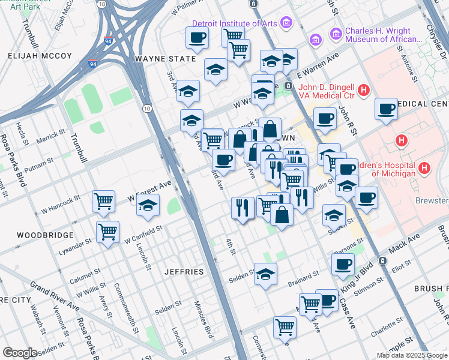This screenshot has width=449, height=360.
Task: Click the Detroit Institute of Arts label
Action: click(x=234, y=23)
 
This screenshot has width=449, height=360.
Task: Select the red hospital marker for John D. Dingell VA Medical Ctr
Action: click(x=363, y=91)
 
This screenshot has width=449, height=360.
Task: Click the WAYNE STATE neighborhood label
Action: click(x=166, y=59)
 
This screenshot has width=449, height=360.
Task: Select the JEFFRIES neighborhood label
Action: click(x=184, y=272)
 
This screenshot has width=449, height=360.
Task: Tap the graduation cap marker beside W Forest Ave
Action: click(x=148, y=206)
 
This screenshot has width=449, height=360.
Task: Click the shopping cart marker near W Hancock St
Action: click(x=104, y=201)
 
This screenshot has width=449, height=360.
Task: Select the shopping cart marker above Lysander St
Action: click(x=108, y=230)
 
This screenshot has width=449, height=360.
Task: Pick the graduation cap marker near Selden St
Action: click(x=265, y=274)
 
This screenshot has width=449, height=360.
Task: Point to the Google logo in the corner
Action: click(x=20, y=353)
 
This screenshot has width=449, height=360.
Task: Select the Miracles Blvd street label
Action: click(x=208, y=325)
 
